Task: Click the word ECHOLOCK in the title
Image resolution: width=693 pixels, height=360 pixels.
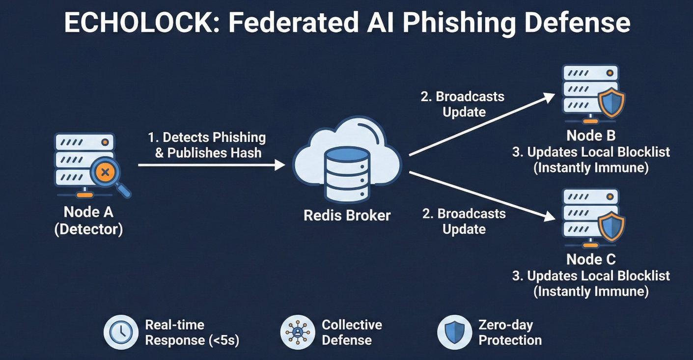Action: (142, 23)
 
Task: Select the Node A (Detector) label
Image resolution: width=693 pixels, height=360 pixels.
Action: (88, 221)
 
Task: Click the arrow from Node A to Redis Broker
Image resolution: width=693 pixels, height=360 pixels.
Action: (212, 165)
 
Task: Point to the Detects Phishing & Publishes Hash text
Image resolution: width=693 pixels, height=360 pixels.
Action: (207, 145)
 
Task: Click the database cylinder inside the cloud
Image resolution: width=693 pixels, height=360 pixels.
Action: (347, 174)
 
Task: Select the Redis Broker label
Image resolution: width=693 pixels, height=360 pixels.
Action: (347, 216)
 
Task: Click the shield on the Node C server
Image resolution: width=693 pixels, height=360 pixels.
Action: (611, 226)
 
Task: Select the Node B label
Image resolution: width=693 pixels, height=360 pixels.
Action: (591, 136)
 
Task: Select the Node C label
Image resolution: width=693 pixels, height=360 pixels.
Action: (591, 259)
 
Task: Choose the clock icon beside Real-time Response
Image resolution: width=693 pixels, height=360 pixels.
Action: (121, 332)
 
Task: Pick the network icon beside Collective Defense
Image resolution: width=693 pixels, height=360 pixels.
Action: (298, 332)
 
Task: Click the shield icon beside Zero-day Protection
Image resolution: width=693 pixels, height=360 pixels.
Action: (454, 332)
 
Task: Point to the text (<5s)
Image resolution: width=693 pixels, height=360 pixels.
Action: (224, 340)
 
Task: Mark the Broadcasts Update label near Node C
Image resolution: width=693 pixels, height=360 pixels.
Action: (464, 222)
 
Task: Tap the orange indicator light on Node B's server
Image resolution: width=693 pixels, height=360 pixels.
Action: (610, 73)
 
